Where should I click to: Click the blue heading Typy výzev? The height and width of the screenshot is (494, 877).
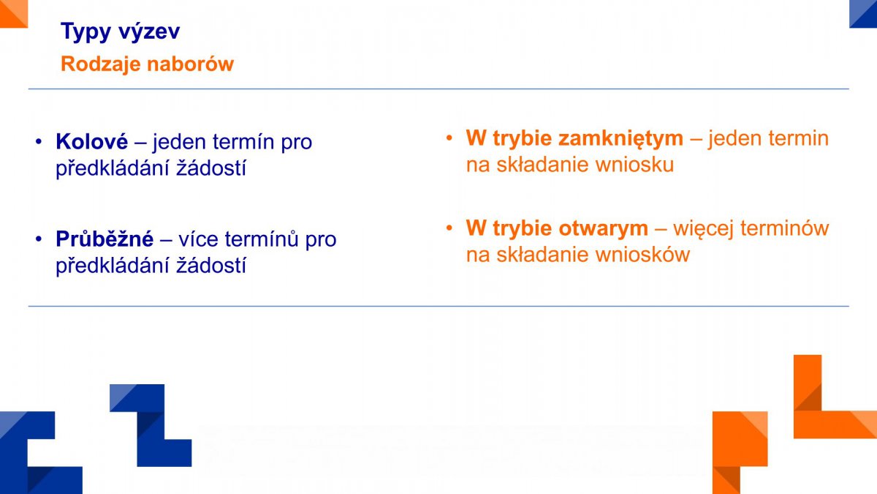click(x=120, y=31)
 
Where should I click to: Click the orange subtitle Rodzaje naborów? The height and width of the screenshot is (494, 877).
click(x=147, y=64)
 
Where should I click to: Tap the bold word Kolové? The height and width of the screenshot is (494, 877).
click(x=91, y=141)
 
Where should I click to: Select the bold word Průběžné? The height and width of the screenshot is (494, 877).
click(x=105, y=239)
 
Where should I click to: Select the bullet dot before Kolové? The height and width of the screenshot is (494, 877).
click(x=38, y=142)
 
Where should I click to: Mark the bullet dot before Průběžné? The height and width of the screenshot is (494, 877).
click(x=38, y=239)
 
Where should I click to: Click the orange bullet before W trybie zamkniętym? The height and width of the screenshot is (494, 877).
click(x=449, y=138)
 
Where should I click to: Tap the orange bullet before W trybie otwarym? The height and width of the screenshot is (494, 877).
click(x=449, y=228)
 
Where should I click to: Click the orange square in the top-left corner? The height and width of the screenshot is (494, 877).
click(x=14, y=14)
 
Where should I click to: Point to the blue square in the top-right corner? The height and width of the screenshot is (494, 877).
click(x=863, y=14)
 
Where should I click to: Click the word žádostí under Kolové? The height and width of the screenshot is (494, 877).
click(x=211, y=168)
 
